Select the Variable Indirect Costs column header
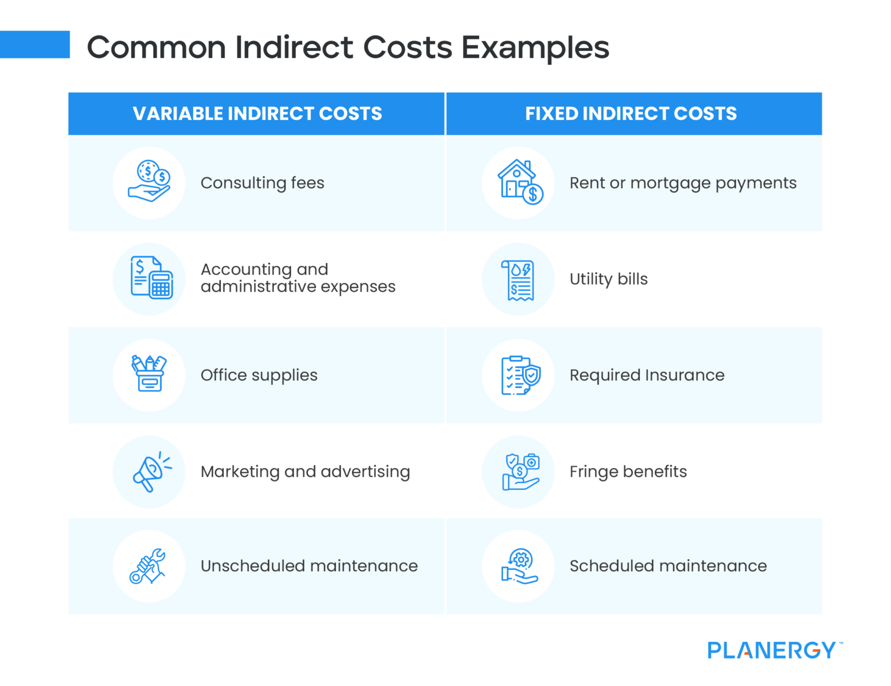coord(257,114)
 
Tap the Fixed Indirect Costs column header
coord(631,114)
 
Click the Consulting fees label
coord(262,183)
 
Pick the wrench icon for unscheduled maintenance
coord(148,566)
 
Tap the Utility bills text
coord(608,280)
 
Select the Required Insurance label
coord(647,375)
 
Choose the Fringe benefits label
coord(628,472)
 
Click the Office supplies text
coord(259,375)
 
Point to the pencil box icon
coord(149,374)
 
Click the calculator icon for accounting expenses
coord(151,278)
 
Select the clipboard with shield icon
coord(520,375)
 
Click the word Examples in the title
coord(535,48)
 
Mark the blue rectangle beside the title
coord(35,45)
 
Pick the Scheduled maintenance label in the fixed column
coord(668,566)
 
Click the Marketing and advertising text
coord(305,472)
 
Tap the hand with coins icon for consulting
coord(149,182)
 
